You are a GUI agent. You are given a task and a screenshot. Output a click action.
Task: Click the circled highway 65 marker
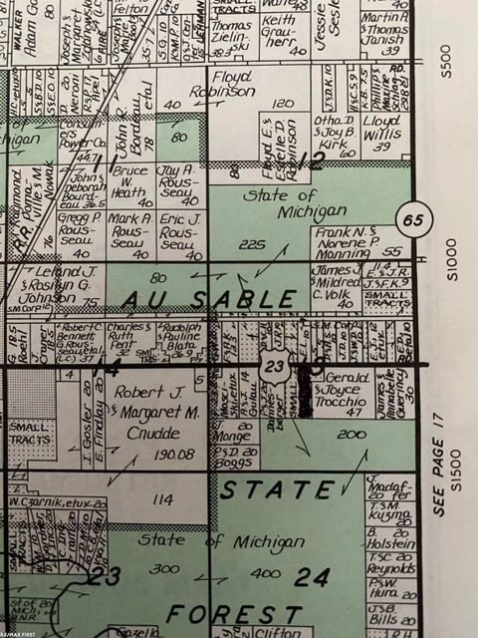(413, 215)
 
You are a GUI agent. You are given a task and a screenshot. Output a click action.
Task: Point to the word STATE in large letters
(276, 490)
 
